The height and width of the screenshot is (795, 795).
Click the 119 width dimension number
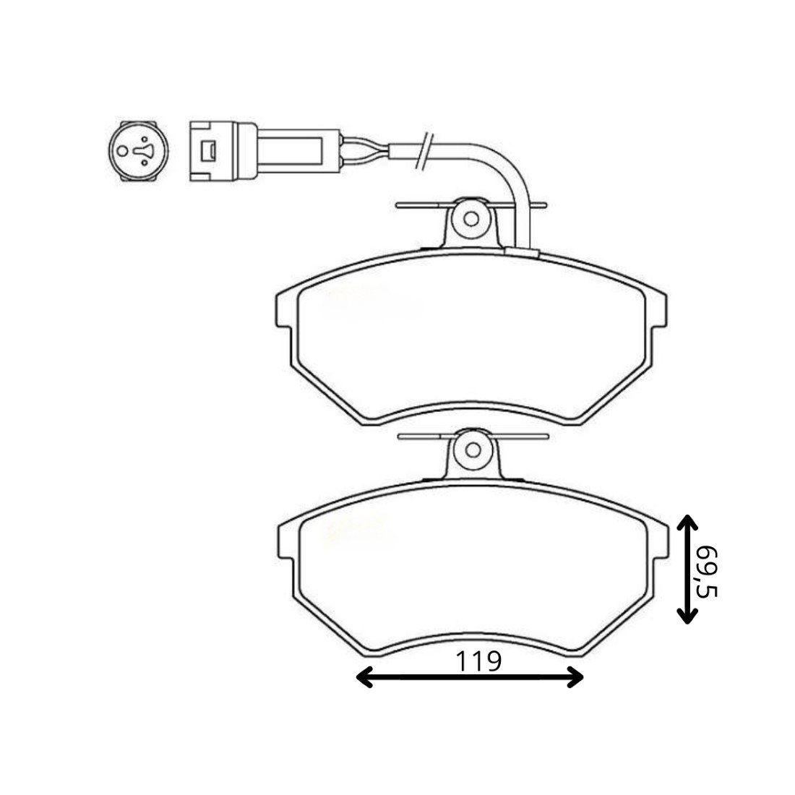[x=478, y=661]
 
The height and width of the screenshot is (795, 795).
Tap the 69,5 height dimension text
[x=707, y=572]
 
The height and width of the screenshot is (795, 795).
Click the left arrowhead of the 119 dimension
[x=364, y=677]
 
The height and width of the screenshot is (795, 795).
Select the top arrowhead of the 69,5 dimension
[x=687, y=523]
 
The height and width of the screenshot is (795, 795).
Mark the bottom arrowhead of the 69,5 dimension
[x=687, y=614]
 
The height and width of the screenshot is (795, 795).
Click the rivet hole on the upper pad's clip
[x=471, y=219]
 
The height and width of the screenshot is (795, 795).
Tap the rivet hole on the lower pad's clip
[x=473, y=450]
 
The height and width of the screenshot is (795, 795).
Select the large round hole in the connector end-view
[x=122, y=151]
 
